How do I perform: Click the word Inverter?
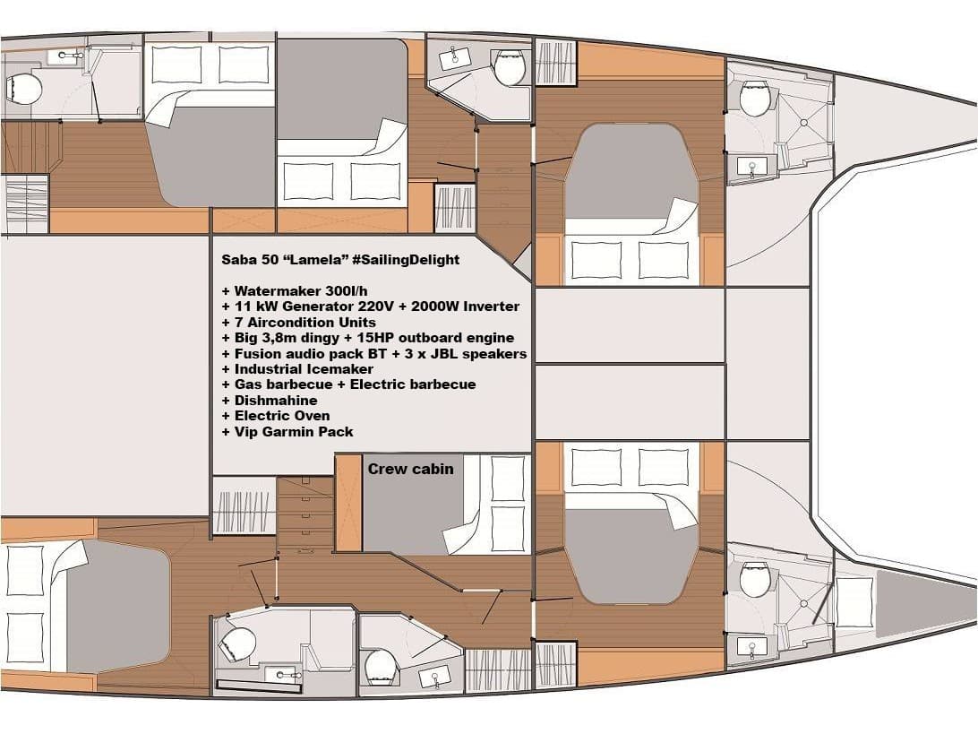pos(488,307)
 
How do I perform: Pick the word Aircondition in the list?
pos(292,322)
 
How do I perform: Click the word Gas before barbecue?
pos(249,384)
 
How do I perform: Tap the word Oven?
pos(310,416)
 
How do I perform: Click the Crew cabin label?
pos(410,469)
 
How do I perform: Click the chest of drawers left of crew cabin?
pos(305,515)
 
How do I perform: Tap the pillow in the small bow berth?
pos(854,602)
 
